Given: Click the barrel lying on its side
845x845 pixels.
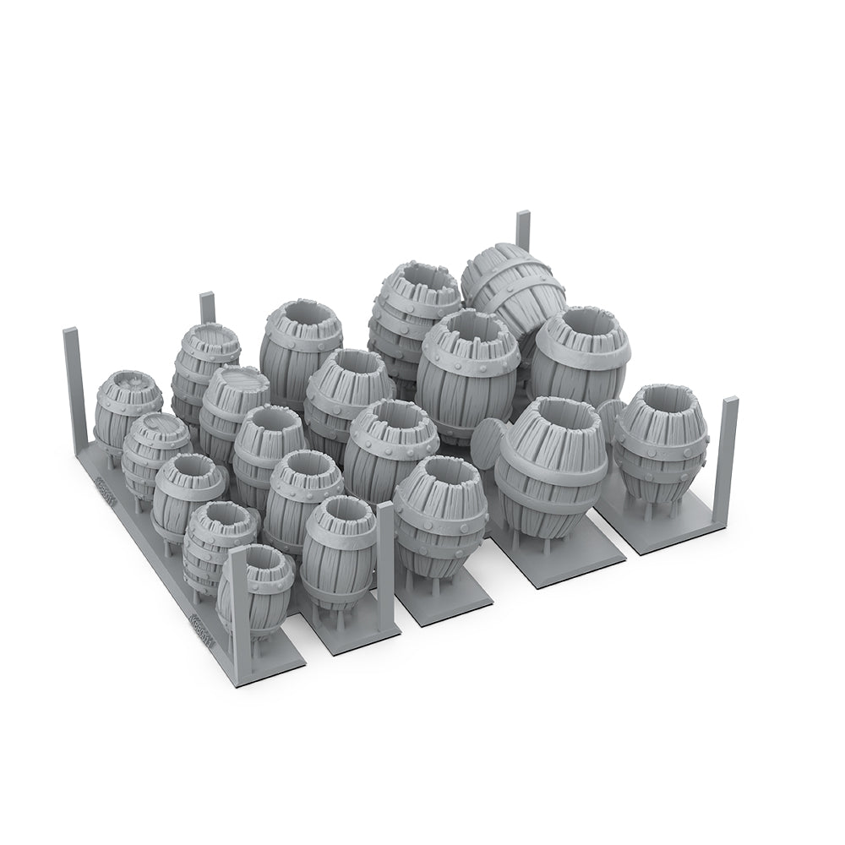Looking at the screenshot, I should click(513, 287).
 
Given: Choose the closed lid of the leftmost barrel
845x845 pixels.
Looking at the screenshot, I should click(129, 384).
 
